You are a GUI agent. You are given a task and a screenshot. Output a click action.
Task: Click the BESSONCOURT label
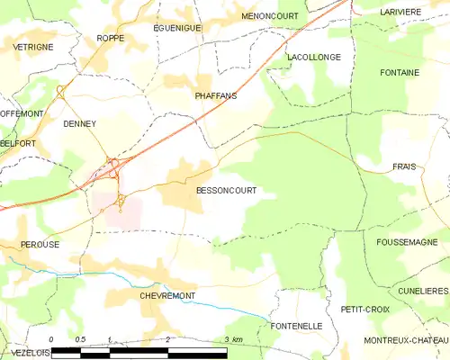[x=226, y=191]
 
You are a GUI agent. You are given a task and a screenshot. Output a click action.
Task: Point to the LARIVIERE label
[x=400, y=12]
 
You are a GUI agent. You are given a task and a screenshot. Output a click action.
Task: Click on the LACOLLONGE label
[x=313, y=57]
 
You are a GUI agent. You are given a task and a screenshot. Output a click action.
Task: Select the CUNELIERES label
[x=423, y=292]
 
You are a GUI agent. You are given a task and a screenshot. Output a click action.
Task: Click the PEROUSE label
[x=40, y=244]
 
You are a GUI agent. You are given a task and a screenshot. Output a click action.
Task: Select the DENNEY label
[x=79, y=125]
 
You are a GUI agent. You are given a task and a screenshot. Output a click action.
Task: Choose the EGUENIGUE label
[x=177, y=28]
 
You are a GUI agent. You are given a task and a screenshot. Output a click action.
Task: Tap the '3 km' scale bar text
[x=233, y=339]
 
